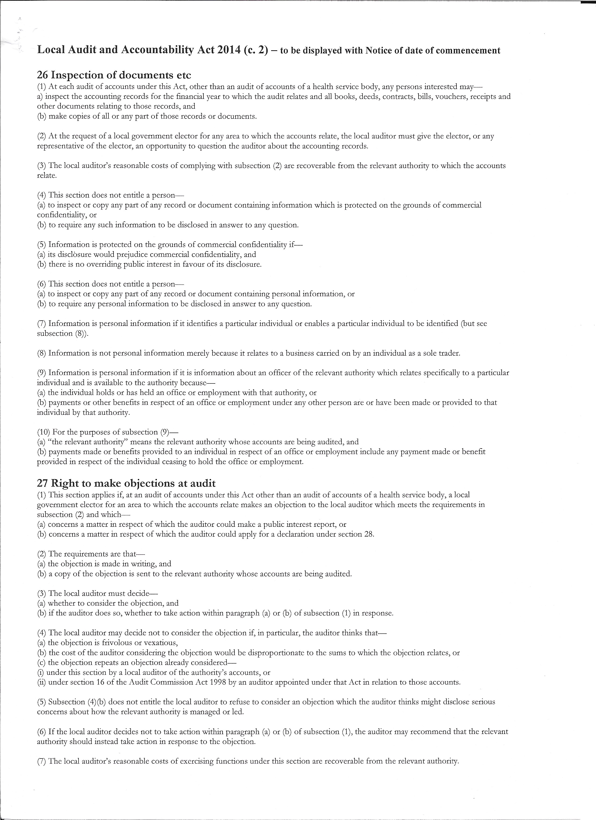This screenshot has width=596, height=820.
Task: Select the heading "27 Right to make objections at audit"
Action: tap(126, 483)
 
